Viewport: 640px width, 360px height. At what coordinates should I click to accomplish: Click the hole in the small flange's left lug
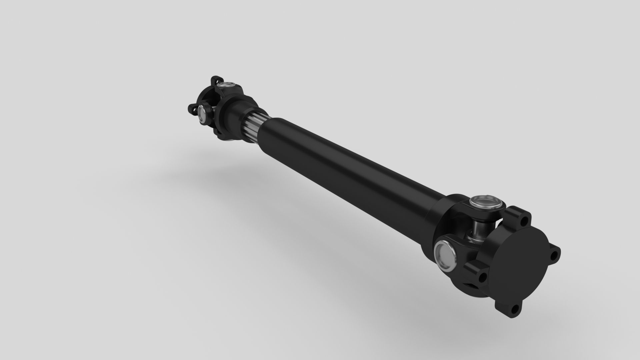193,108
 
